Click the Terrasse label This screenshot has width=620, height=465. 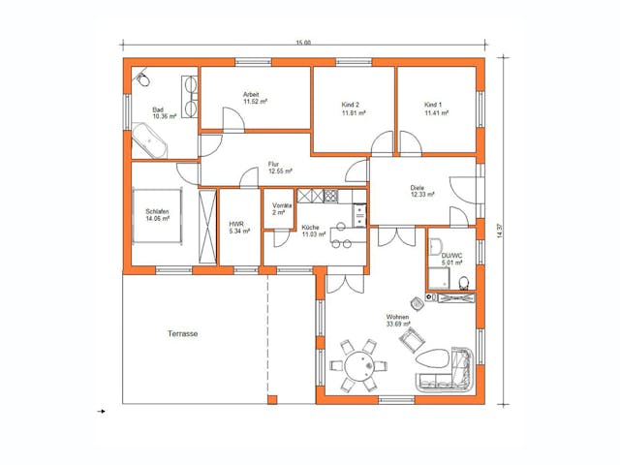point(182,333)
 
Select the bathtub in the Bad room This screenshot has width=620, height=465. point(150,141)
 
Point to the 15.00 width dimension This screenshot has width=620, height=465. point(303,43)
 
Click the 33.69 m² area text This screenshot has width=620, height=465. point(399,325)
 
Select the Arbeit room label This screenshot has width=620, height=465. point(253,94)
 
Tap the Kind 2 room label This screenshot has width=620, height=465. point(351,105)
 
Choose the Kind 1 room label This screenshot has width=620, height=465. point(433,105)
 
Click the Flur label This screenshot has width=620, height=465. point(274,164)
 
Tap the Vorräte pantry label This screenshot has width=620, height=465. point(282,205)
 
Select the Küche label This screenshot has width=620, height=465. point(310,226)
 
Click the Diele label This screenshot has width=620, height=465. point(417,187)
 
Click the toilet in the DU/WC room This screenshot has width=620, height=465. point(466,283)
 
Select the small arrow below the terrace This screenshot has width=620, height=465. point(102,412)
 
